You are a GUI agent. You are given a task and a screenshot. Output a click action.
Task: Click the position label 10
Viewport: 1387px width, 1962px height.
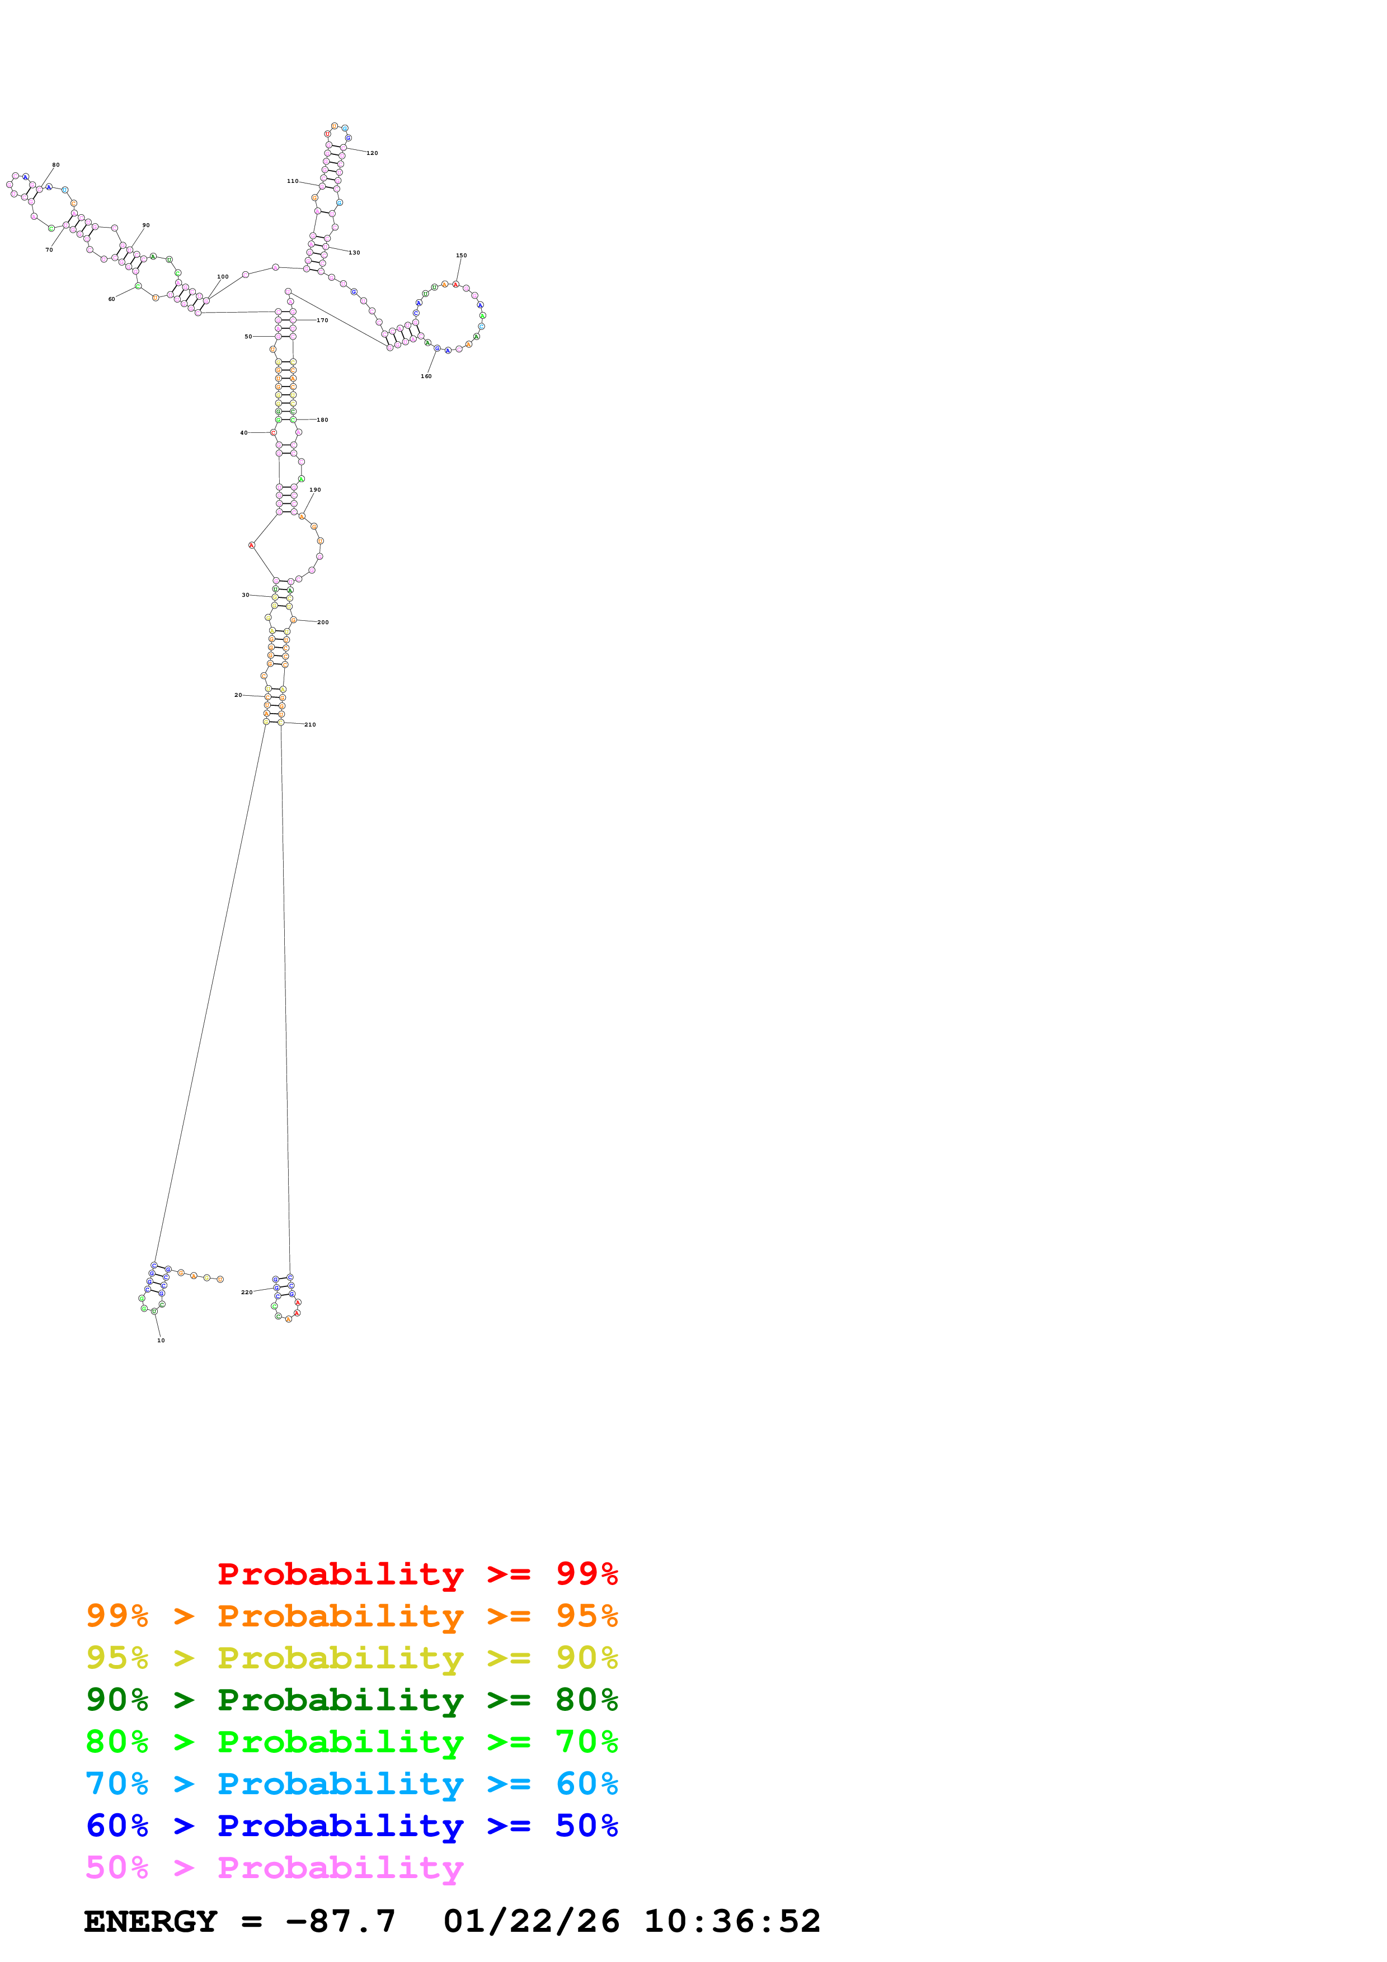(161, 1340)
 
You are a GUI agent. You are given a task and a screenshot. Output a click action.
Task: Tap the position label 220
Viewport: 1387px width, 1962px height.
(246, 1292)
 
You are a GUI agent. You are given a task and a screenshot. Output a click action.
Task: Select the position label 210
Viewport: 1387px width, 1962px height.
(310, 725)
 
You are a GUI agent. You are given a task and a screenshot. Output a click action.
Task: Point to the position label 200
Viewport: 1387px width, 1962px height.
(323, 622)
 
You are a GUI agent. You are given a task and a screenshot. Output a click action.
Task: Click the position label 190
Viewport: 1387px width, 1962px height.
(316, 489)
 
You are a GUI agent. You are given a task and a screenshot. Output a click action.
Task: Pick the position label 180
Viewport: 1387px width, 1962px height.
(322, 419)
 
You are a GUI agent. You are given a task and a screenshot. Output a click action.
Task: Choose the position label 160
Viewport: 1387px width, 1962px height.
(426, 376)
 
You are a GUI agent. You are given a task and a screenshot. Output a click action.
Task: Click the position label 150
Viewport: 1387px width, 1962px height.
(462, 256)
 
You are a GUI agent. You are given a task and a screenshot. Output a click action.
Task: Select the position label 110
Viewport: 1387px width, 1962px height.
(292, 181)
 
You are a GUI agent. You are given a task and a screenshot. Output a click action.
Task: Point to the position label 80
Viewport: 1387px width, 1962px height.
(55, 165)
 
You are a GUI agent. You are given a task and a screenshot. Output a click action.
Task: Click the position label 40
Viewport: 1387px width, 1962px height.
(243, 432)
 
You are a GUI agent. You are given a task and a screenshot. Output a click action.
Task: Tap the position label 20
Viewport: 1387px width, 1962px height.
(238, 695)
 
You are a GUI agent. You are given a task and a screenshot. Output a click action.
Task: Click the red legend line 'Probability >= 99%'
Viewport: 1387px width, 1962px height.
(417, 1573)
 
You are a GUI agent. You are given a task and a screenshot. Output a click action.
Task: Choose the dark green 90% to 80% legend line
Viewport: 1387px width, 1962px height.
(351, 1700)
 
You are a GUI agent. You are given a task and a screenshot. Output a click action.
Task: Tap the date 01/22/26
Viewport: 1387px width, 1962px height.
(531, 1921)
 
